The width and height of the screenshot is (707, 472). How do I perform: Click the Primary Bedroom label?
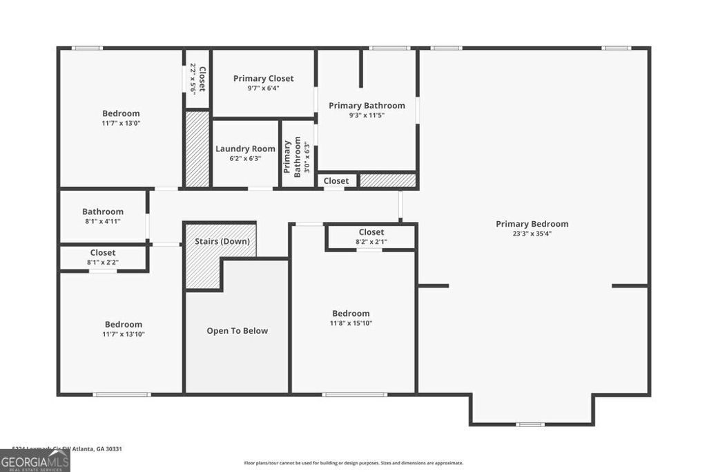tap(532, 224)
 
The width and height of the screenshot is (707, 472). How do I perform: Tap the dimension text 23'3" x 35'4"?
tap(532, 234)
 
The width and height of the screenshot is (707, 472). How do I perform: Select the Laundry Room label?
tap(245, 149)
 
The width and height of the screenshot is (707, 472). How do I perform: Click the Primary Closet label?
tap(263, 79)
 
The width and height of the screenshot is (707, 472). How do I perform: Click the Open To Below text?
tap(237, 331)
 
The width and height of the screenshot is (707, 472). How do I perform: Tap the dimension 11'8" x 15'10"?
tap(351, 323)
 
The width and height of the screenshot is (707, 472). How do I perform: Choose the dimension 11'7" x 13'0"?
tap(121, 123)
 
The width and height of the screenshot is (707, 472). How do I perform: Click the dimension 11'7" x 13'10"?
tap(124, 334)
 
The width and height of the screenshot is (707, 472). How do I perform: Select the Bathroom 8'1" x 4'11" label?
tap(103, 212)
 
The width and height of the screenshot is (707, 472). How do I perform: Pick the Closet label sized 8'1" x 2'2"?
tap(103, 253)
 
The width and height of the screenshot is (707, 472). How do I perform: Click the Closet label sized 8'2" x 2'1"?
tap(371, 232)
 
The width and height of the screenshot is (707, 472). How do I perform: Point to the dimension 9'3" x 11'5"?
tap(366, 115)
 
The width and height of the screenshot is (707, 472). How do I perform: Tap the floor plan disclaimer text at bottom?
tap(353, 463)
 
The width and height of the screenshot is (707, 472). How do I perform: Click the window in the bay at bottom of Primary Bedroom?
tap(531, 424)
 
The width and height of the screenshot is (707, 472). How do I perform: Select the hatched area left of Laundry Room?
tap(197, 149)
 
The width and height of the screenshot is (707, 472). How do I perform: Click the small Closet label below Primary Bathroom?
tap(336, 181)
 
